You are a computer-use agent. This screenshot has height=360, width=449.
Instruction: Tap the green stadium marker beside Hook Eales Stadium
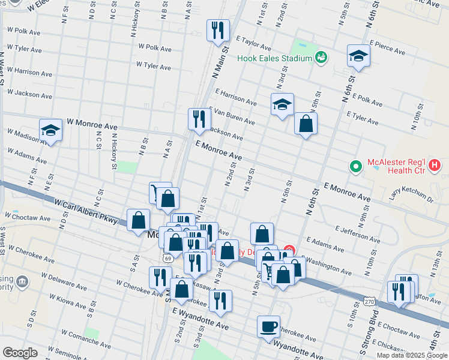321,58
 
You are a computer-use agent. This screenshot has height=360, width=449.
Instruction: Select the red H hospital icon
435,164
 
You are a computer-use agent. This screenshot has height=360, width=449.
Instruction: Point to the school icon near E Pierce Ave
358,56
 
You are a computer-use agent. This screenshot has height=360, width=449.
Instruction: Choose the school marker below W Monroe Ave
51,130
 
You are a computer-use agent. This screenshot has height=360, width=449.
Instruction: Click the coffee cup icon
268,326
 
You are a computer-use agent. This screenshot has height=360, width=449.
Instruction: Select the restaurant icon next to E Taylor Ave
218,29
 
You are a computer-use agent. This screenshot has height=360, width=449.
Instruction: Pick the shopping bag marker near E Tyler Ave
306,124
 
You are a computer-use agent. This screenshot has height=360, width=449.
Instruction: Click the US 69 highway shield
166,257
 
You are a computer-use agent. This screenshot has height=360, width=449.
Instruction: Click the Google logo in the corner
20,353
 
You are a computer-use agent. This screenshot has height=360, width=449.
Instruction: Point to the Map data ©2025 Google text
411,355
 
